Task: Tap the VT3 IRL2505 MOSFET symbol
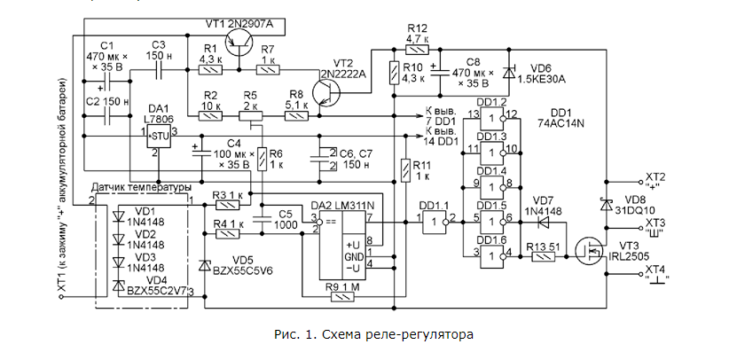(588, 251)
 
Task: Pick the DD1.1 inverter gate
(435, 221)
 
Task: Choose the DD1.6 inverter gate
(492, 253)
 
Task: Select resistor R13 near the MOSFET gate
(543, 256)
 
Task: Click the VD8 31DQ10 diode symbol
(607, 205)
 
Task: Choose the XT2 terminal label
(655, 176)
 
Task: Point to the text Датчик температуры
(142, 189)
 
